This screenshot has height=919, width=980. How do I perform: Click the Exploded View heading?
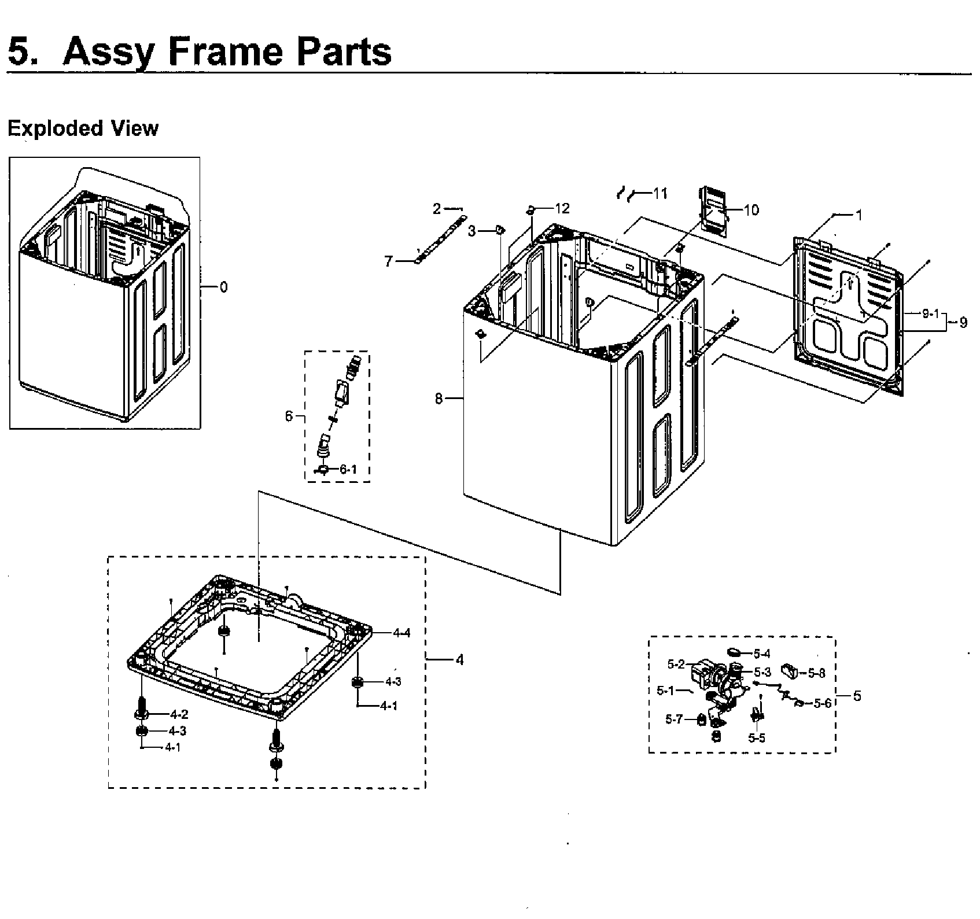(82, 128)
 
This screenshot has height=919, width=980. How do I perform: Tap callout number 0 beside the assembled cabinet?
(224, 287)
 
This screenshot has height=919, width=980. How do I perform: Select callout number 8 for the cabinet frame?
(439, 398)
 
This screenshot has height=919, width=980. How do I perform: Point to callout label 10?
(751, 210)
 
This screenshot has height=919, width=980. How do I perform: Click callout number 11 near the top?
(660, 194)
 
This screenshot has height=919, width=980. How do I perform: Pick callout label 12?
(562, 208)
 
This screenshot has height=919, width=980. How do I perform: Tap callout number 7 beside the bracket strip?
(389, 261)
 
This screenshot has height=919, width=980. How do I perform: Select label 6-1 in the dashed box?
(348, 469)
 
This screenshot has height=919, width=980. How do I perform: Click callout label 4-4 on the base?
(401, 633)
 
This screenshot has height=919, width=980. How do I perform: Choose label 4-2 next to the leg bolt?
(179, 715)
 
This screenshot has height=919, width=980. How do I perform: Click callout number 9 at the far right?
(963, 323)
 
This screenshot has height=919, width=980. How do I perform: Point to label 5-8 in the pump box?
(816, 673)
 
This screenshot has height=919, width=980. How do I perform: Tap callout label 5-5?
(756, 738)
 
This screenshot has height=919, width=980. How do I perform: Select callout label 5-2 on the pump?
(676, 665)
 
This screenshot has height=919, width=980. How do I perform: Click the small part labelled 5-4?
(735, 652)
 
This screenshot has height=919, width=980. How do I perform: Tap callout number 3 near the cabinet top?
(472, 231)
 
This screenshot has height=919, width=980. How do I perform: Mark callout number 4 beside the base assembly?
(459, 659)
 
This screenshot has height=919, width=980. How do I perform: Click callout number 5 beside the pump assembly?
(857, 696)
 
